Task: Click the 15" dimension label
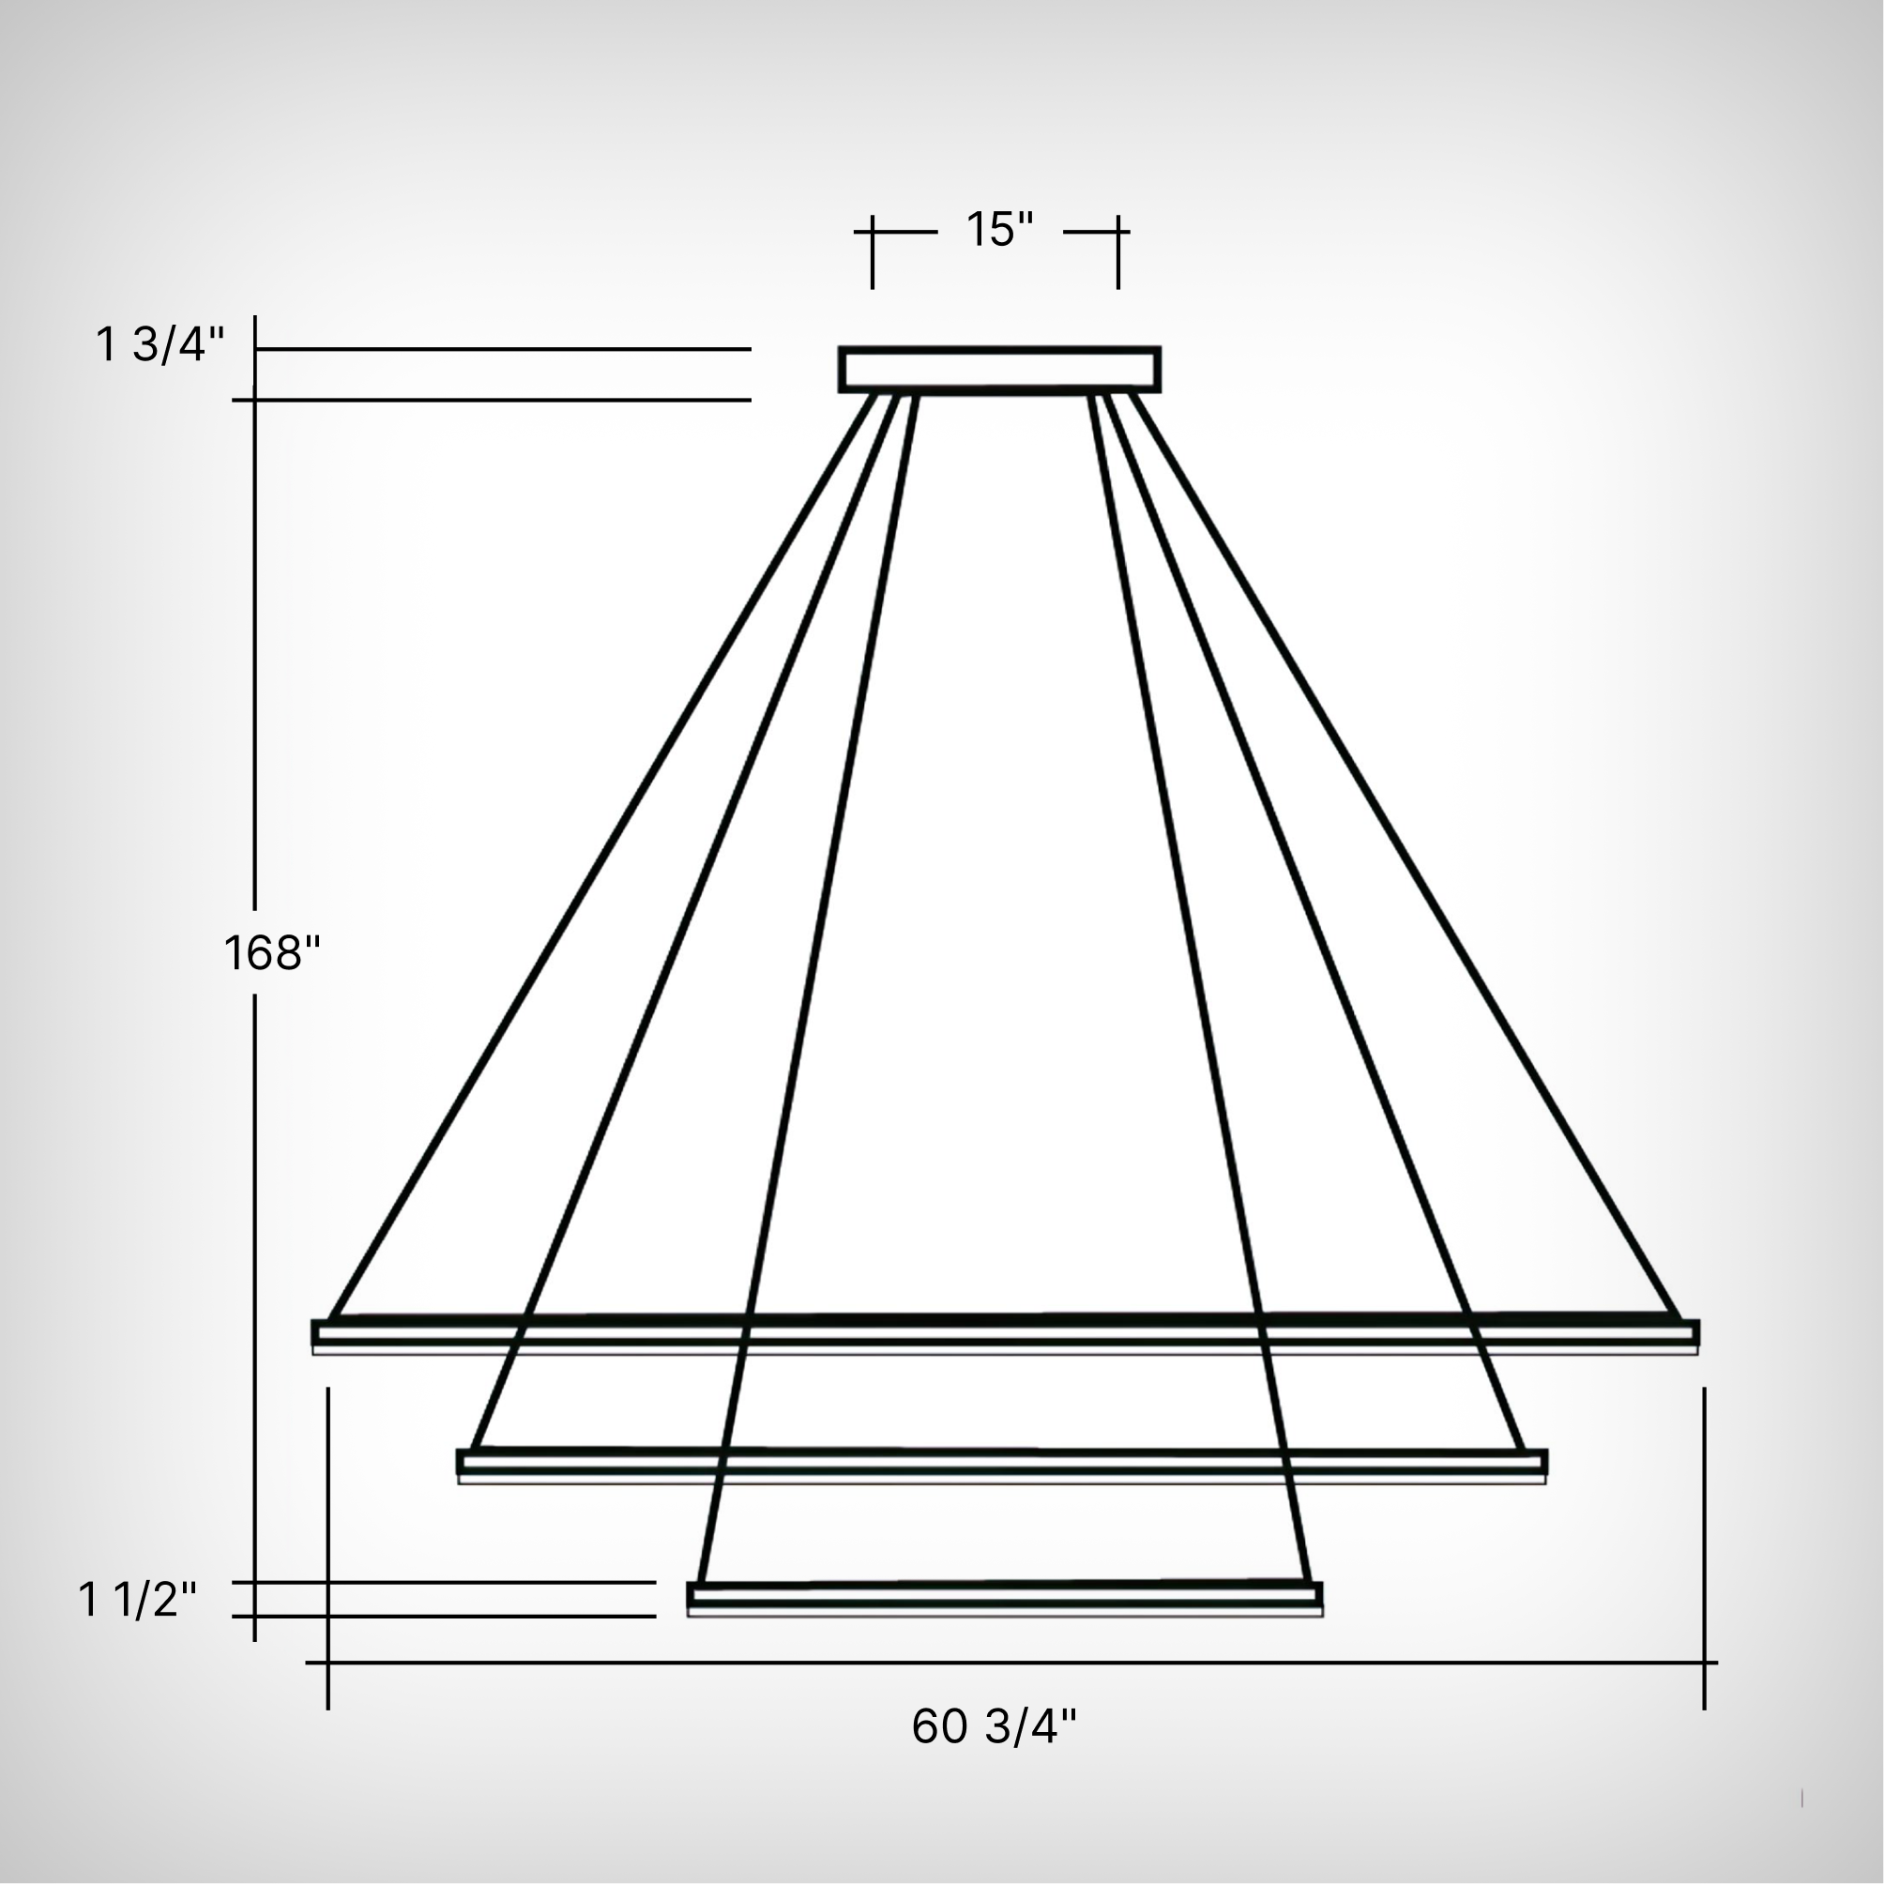click(998, 230)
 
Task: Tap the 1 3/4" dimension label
click(160, 345)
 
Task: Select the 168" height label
click(272, 952)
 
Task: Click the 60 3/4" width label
click(994, 1726)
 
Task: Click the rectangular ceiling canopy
click(998, 370)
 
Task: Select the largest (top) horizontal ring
click(1005, 1332)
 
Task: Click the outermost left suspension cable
click(600, 858)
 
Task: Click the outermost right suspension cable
click(1405, 858)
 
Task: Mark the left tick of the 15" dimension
click(873, 251)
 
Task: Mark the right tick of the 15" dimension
click(1118, 251)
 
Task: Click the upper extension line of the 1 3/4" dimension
click(502, 348)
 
